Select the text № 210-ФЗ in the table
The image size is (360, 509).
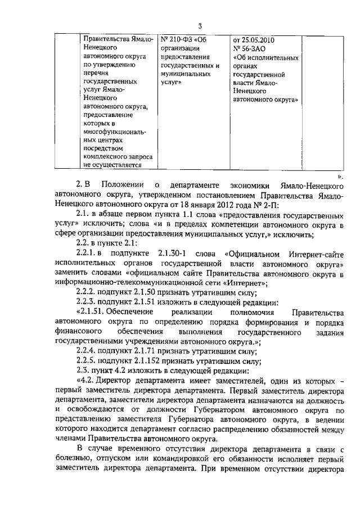tap(176, 40)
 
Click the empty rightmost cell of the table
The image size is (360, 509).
tap(321, 101)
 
